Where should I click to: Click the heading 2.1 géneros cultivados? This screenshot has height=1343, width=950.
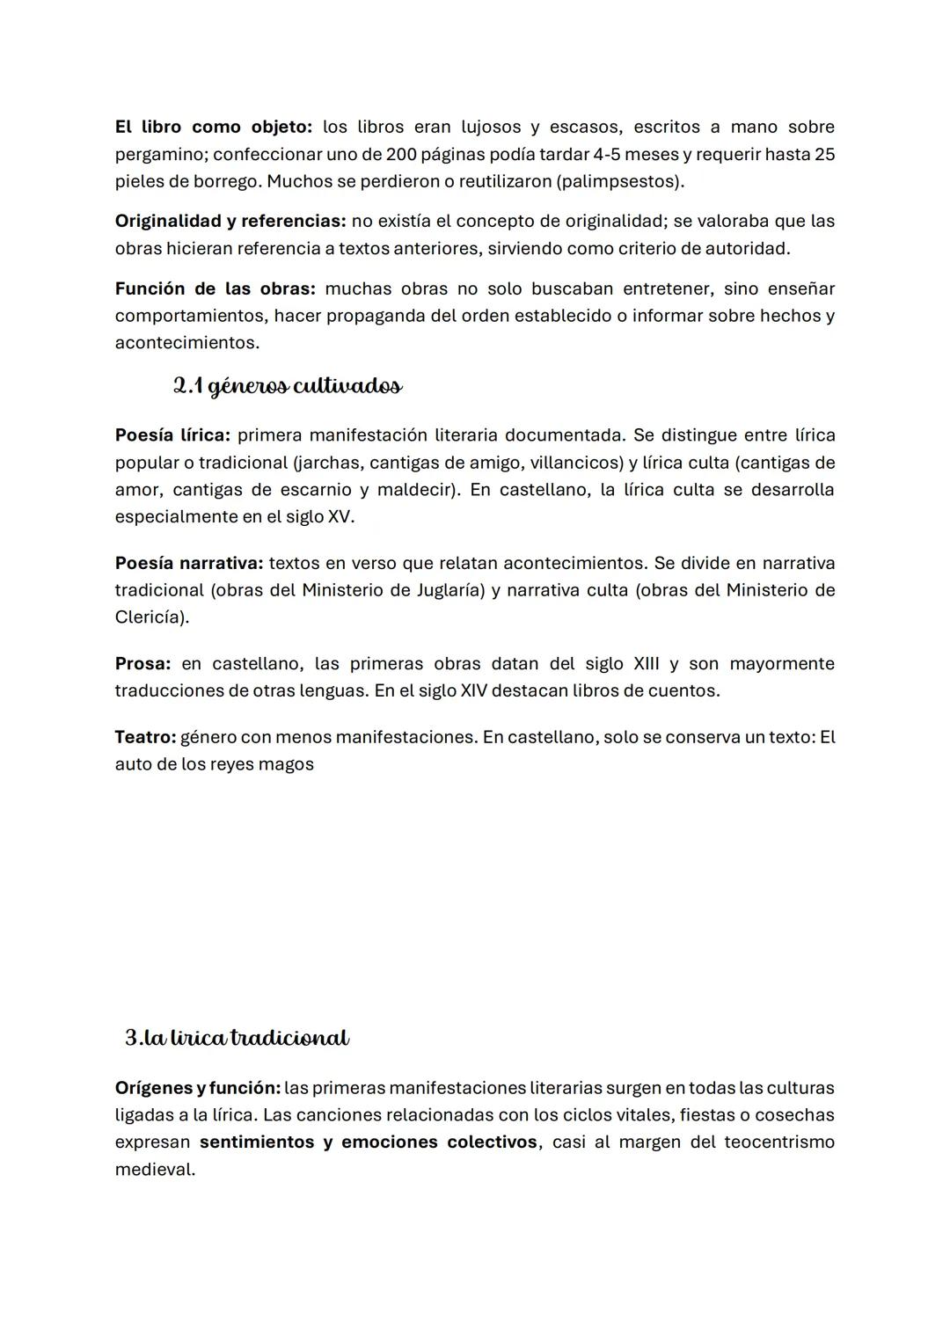pos(288,386)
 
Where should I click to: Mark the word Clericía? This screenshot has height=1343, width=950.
pos(150,617)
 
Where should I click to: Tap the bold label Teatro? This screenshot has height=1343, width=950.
pos(145,737)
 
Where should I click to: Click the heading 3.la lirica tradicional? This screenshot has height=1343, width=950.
pos(237,1039)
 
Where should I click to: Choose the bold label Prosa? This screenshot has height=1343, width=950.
pos(142,664)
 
